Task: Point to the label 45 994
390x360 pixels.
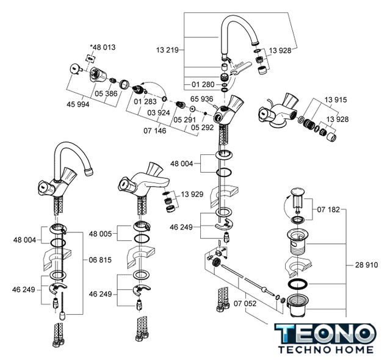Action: pos(78,104)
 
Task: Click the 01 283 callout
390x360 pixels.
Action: pos(145,102)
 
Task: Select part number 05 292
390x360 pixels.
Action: pos(203,128)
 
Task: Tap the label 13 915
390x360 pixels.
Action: pos(336,99)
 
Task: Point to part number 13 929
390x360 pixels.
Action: pos(191,194)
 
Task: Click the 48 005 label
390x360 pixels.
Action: pos(101,234)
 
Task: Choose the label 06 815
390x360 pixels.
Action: pos(100,259)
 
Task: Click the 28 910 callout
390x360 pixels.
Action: pos(367,265)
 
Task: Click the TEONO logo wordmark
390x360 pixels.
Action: pos(323,333)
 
